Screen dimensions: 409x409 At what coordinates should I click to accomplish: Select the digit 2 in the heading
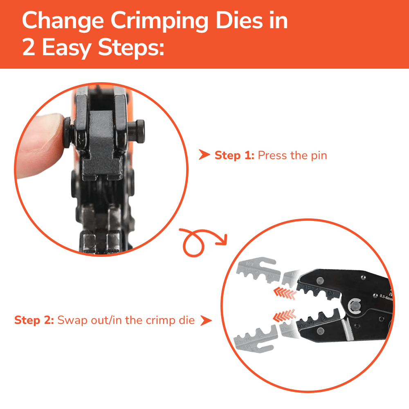(29, 48)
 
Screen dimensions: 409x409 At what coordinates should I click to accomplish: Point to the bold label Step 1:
(235, 155)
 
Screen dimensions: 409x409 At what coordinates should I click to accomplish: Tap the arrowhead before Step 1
(203, 155)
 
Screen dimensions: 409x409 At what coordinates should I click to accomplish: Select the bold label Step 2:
(34, 320)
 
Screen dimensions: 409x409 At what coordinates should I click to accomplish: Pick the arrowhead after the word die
(206, 320)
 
